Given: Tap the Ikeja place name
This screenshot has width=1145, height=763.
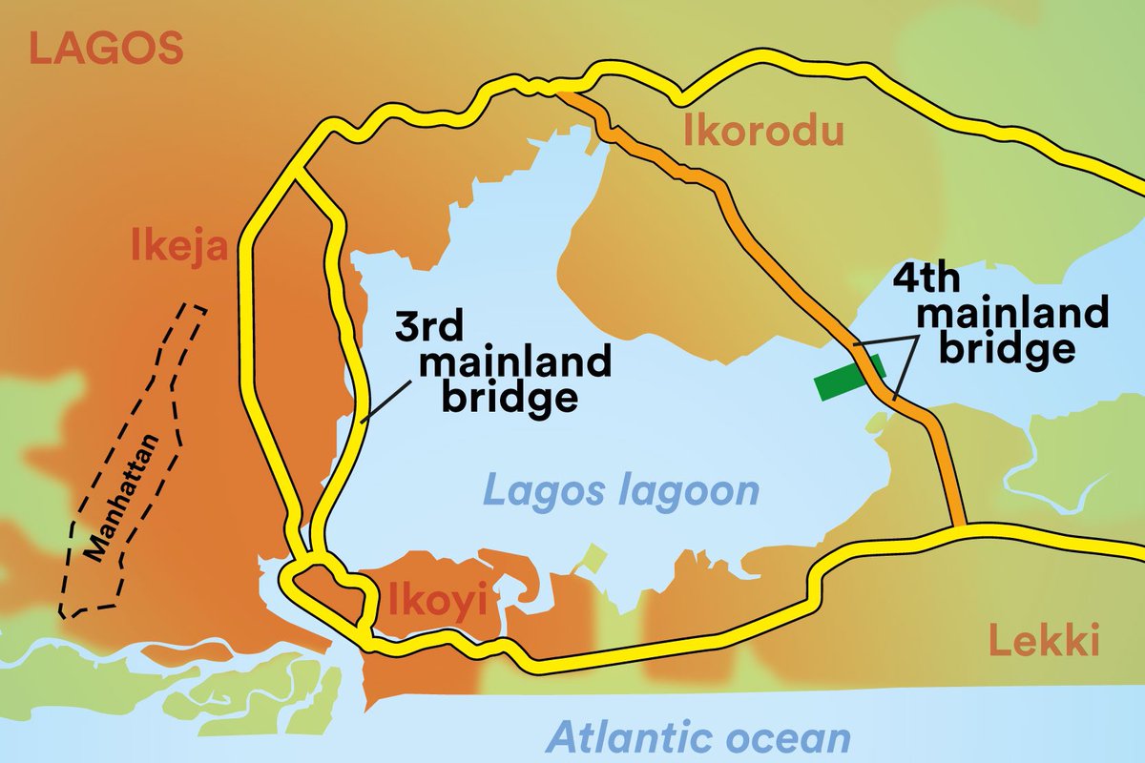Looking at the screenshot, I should point(179,249).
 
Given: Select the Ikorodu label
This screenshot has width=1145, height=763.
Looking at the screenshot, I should point(763,133).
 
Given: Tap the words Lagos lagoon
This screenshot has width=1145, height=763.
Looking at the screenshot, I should point(621,492).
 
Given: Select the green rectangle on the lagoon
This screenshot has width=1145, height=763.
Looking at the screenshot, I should point(849,377).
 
